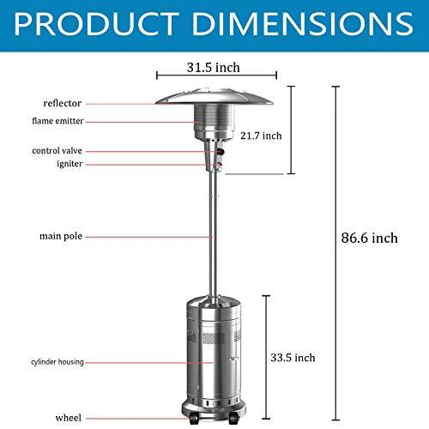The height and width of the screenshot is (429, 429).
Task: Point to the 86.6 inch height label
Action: [369, 238]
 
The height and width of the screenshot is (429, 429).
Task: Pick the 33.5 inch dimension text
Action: [297, 357]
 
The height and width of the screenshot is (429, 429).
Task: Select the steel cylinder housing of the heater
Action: [209, 352]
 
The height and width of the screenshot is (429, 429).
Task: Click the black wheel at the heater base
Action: [194, 420]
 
